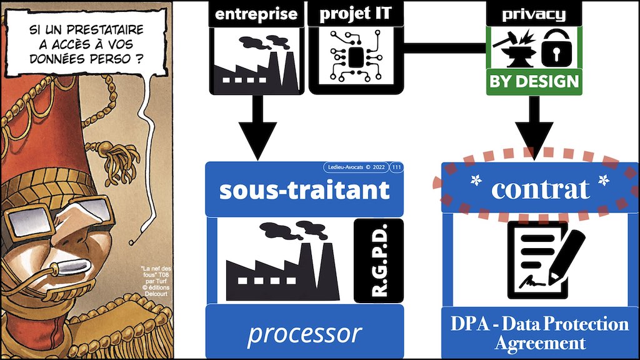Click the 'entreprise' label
click(x=256, y=14)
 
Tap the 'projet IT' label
click(x=352, y=14)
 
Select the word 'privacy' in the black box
click(x=534, y=14)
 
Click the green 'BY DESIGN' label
click(x=534, y=82)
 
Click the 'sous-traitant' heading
click(x=304, y=190)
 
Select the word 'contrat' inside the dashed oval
click(x=540, y=189)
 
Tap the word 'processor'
click(x=304, y=334)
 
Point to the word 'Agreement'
click(x=540, y=343)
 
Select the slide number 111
click(x=396, y=167)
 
